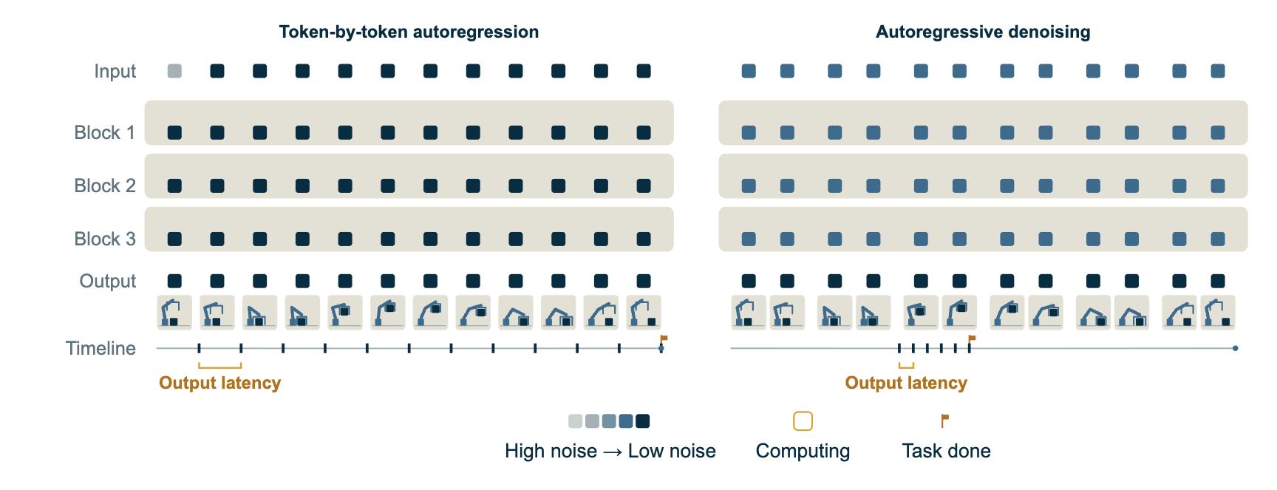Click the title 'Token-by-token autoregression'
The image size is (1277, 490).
(409, 32)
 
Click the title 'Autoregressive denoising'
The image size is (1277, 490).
(983, 32)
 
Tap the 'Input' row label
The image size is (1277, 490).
(115, 71)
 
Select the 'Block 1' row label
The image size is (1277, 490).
(104, 132)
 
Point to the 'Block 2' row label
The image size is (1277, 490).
(104, 186)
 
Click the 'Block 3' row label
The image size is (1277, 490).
(104, 239)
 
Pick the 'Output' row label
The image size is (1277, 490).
(108, 281)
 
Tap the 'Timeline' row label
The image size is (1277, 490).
(101, 348)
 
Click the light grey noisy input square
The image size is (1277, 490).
(174, 71)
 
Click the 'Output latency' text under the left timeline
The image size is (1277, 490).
(220, 383)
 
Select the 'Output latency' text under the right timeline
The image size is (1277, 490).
(906, 383)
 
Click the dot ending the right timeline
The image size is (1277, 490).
(1235, 348)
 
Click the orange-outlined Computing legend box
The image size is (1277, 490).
(803, 421)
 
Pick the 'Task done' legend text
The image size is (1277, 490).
(946, 451)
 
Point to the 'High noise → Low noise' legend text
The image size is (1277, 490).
(610, 451)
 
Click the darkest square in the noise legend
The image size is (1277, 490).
(643, 421)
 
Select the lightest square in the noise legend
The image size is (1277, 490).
(575, 421)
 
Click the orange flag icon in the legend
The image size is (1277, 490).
(944, 421)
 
